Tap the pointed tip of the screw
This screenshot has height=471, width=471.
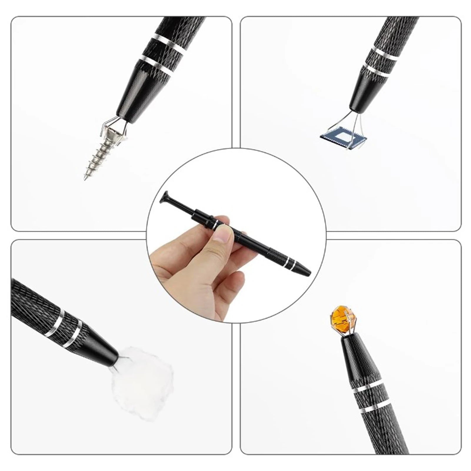click(85, 178)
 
